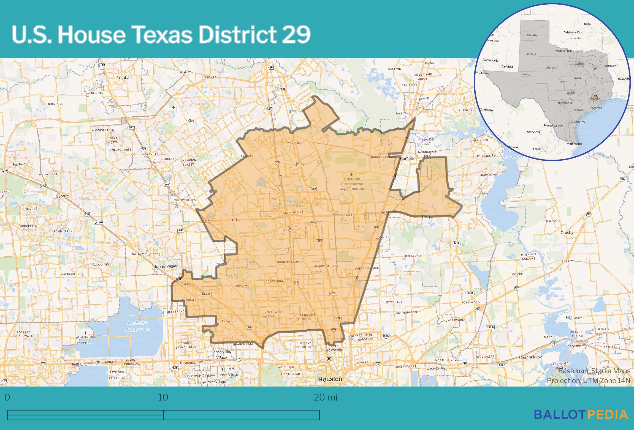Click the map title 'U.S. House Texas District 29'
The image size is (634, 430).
[x=161, y=35]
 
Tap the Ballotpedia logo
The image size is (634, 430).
[x=581, y=415]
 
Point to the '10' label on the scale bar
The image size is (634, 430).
[x=163, y=398]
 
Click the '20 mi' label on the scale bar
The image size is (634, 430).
[x=326, y=398]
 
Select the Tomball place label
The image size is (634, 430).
[x=124, y=78]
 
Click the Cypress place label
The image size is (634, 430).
[x=63, y=196]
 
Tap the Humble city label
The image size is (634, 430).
[x=407, y=158]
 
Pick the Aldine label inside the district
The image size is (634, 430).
[x=316, y=222]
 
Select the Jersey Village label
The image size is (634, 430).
[x=166, y=266]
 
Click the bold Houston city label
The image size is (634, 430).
[x=330, y=379]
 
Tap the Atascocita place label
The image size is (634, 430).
[x=486, y=156]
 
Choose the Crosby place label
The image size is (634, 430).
[x=567, y=232]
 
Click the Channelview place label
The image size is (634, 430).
[x=530, y=357]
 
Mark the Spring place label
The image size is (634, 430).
[x=280, y=89]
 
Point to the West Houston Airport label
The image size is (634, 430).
[x=86, y=339]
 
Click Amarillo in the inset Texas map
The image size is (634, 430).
[x=531, y=35]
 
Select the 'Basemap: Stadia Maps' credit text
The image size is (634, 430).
[x=594, y=371]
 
